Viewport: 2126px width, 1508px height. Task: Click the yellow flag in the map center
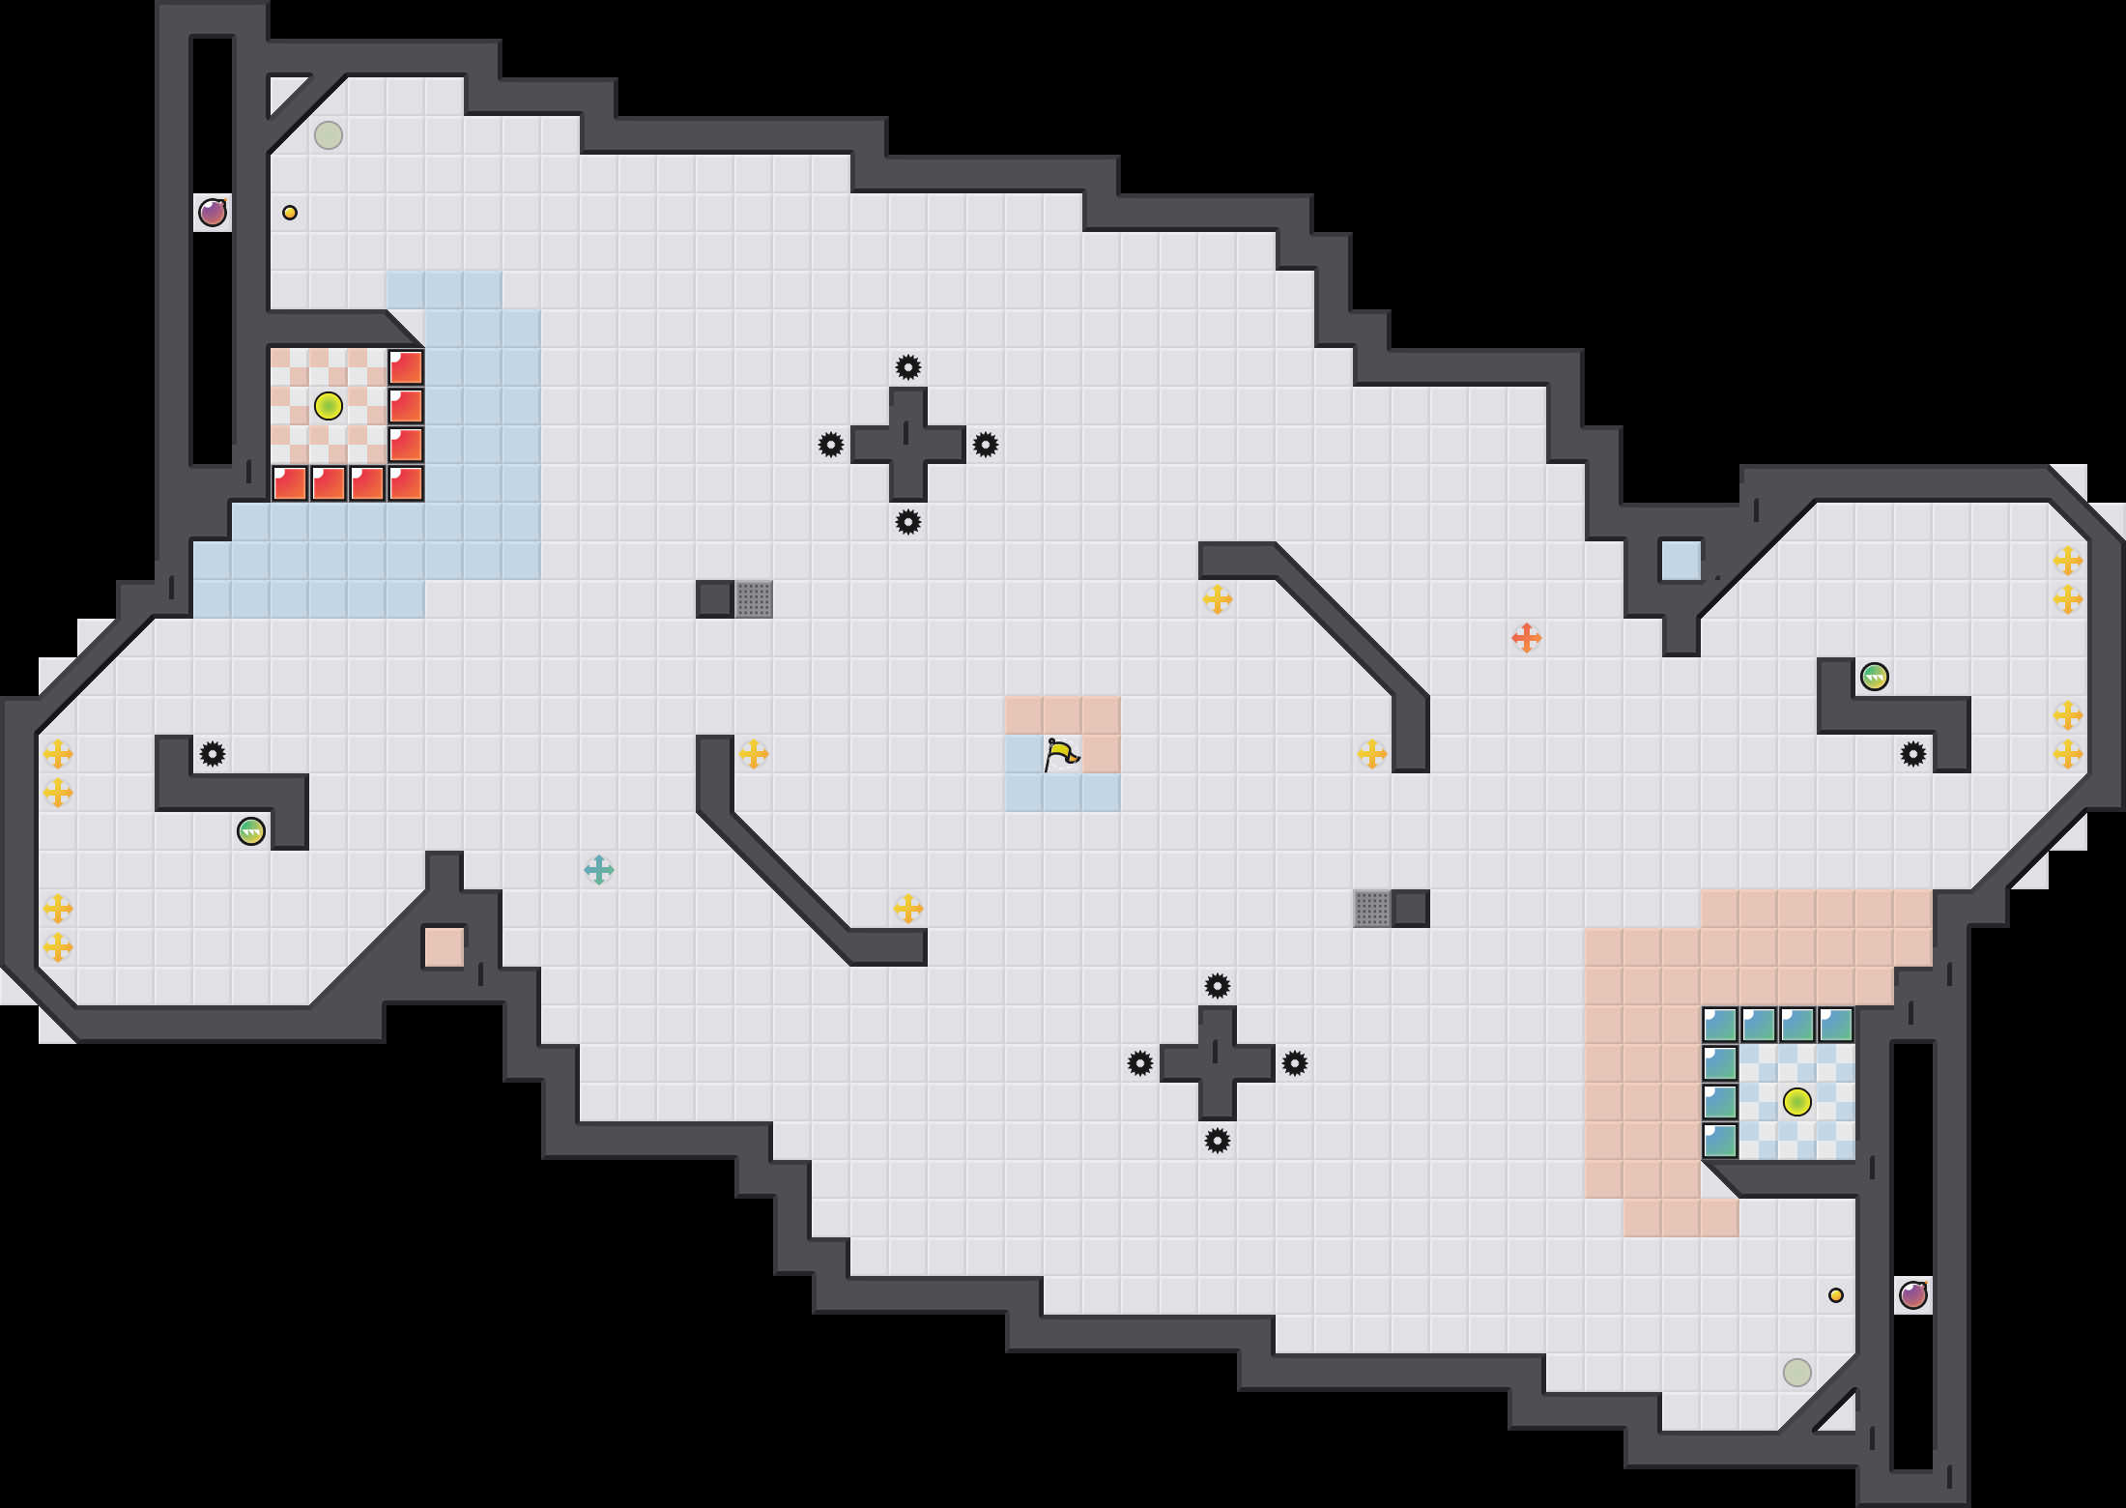[x=1061, y=754]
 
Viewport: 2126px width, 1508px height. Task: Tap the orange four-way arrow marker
[x=1526, y=638]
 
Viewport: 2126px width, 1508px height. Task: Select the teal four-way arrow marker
[x=599, y=870]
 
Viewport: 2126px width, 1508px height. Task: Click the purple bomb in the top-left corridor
[x=213, y=213]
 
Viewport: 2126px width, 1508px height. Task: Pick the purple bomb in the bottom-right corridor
[x=1913, y=1295]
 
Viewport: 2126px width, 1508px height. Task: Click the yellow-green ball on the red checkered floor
[x=329, y=406]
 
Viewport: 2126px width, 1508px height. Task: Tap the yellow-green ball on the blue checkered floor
[x=1797, y=1102]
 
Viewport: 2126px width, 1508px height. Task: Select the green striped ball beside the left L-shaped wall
[x=251, y=831]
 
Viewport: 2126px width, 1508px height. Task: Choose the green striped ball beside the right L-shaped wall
[x=1875, y=677]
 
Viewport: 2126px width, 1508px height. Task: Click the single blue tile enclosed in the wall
[x=1681, y=561]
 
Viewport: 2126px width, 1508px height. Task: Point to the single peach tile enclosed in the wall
[x=445, y=947]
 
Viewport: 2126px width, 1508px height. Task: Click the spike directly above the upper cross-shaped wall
[x=908, y=367]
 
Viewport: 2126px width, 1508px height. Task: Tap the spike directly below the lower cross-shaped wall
[x=1218, y=1141]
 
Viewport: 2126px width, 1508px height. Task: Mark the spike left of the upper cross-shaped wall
[x=831, y=445]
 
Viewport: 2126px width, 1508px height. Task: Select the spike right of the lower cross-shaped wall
[x=1295, y=1063]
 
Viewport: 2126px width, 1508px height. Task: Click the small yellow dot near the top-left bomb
[x=290, y=213]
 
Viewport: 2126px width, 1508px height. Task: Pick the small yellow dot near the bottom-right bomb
[x=1836, y=1295]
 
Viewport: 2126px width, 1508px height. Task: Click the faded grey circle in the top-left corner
[x=329, y=135]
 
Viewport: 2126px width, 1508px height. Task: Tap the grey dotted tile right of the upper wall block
[x=754, y=599]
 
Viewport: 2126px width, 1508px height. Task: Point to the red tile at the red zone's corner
[x=406, y=483]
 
